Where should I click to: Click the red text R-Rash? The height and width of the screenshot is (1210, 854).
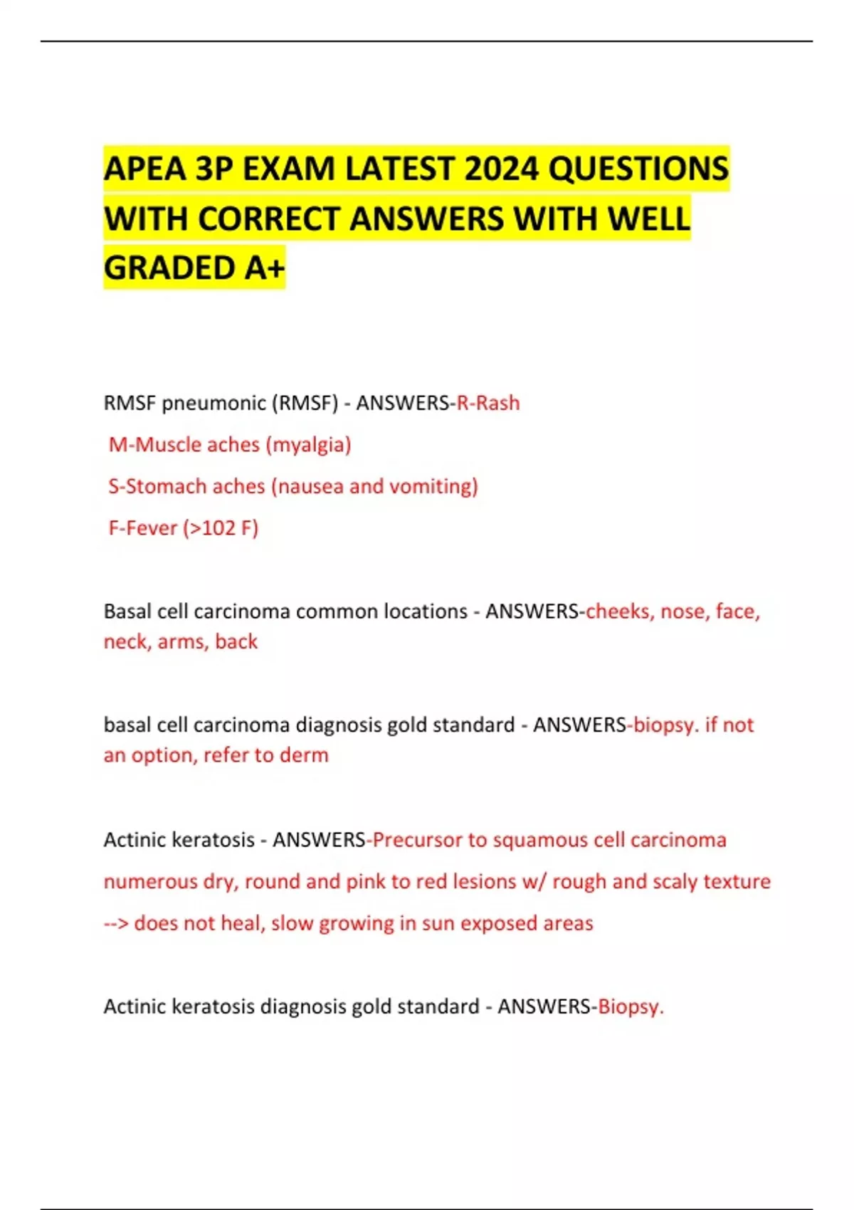tap(488, 403)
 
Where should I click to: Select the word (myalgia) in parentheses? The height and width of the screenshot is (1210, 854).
tap(309, 445)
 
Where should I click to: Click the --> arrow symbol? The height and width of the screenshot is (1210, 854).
tap(115, 923)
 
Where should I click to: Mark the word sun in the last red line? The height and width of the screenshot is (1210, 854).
tap(438, 923)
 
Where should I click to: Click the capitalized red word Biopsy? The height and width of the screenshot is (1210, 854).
tap(630, 1006)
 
